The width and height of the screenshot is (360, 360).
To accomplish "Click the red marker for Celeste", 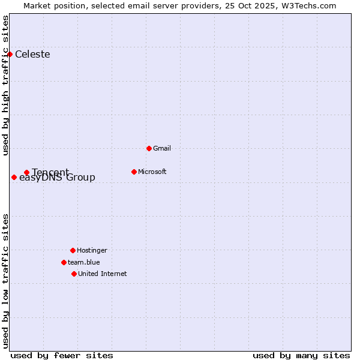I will tap(10, 55).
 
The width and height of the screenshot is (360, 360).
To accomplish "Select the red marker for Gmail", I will tap(149, 148).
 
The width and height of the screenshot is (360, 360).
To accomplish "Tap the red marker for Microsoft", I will tap(134, 172).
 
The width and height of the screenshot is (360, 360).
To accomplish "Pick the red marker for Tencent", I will tap(26, 172).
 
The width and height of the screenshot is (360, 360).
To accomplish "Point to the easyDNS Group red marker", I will tap(14, 177).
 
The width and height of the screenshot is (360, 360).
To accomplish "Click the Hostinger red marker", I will tap(73, 250).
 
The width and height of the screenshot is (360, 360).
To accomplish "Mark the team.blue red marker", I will tap(64, 262).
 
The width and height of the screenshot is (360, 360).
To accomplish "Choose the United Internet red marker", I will tap(74, 274).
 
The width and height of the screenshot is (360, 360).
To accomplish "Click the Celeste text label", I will tap(32, 55).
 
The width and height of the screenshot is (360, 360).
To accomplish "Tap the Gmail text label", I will tap(162, 148).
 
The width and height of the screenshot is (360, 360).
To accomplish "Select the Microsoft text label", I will tap(152, 172).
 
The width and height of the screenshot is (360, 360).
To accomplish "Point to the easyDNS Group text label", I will tap(57, 178).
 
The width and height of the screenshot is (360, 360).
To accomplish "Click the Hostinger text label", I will tap(92, 250).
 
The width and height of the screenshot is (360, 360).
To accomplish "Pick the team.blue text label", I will tap(83, 262).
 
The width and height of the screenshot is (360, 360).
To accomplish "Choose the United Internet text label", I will tap(102, 274).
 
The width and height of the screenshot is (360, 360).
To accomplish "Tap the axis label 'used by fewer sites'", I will tap(62, 355).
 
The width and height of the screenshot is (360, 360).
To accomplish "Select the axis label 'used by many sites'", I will tap(301, 355).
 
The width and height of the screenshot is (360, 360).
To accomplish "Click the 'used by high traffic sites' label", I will tap(5, 85).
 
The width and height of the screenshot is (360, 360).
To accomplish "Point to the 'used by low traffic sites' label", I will tap(5, 281).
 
